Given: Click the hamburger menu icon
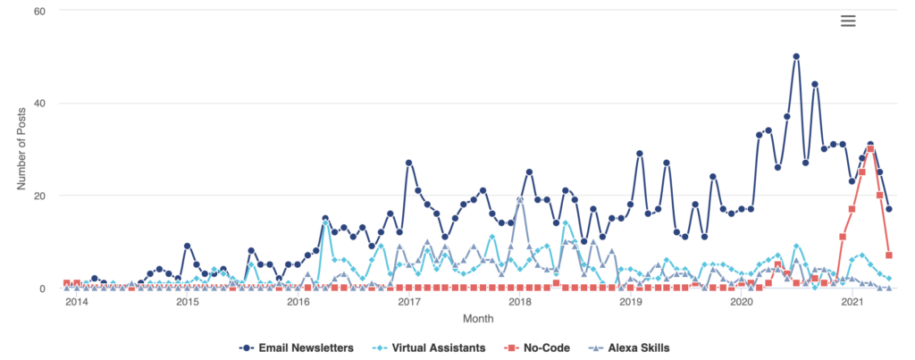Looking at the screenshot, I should coord(848,21).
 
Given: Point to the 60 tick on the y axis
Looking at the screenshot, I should coord(39,11).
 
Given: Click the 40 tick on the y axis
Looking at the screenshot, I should coord(39,103).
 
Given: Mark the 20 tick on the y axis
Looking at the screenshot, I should coord(39,196).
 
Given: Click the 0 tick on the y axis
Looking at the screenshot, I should coord(42,289).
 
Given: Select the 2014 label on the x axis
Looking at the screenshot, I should coord(76,302).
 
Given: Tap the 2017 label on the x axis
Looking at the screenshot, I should coord(408,302).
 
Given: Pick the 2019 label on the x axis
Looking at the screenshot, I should coord(631,302).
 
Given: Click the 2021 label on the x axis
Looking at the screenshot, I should coord(852,302).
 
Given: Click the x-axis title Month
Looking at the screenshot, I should coord(477,318).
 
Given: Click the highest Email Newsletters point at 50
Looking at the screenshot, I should coord(796,56).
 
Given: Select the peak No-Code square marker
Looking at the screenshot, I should coord(870,149).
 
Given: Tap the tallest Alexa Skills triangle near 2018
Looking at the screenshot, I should coord(520,199).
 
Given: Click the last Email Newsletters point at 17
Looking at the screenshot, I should coord(889,209).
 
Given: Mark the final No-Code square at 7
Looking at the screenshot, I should coord(889,255).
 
